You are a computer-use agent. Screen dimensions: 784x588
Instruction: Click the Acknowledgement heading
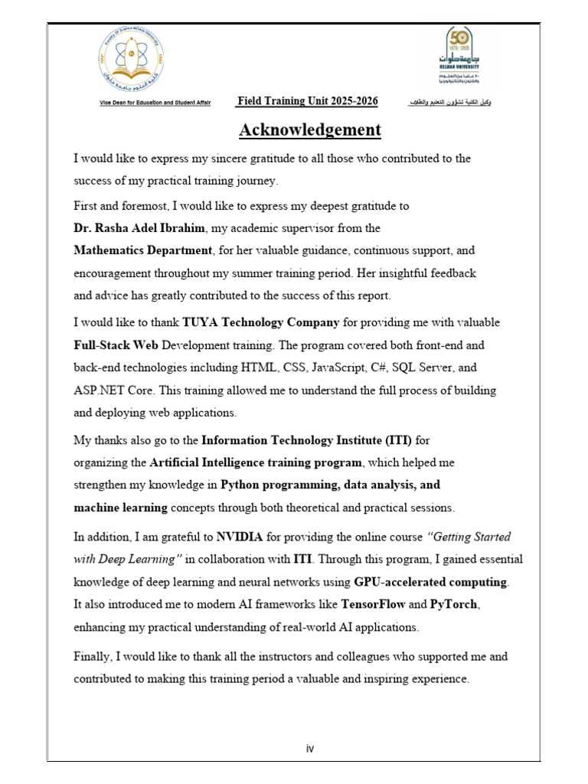pos(309,130)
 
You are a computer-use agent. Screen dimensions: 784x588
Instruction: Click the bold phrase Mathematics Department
pos(142,250)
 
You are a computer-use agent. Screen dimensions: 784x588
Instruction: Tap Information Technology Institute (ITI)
pos(306,440)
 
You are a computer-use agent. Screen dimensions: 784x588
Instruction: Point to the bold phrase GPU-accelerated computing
pos(430,582)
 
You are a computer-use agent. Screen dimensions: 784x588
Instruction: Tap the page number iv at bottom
pos(309,748)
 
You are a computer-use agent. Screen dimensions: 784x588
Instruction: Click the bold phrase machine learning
pos(120,507)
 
